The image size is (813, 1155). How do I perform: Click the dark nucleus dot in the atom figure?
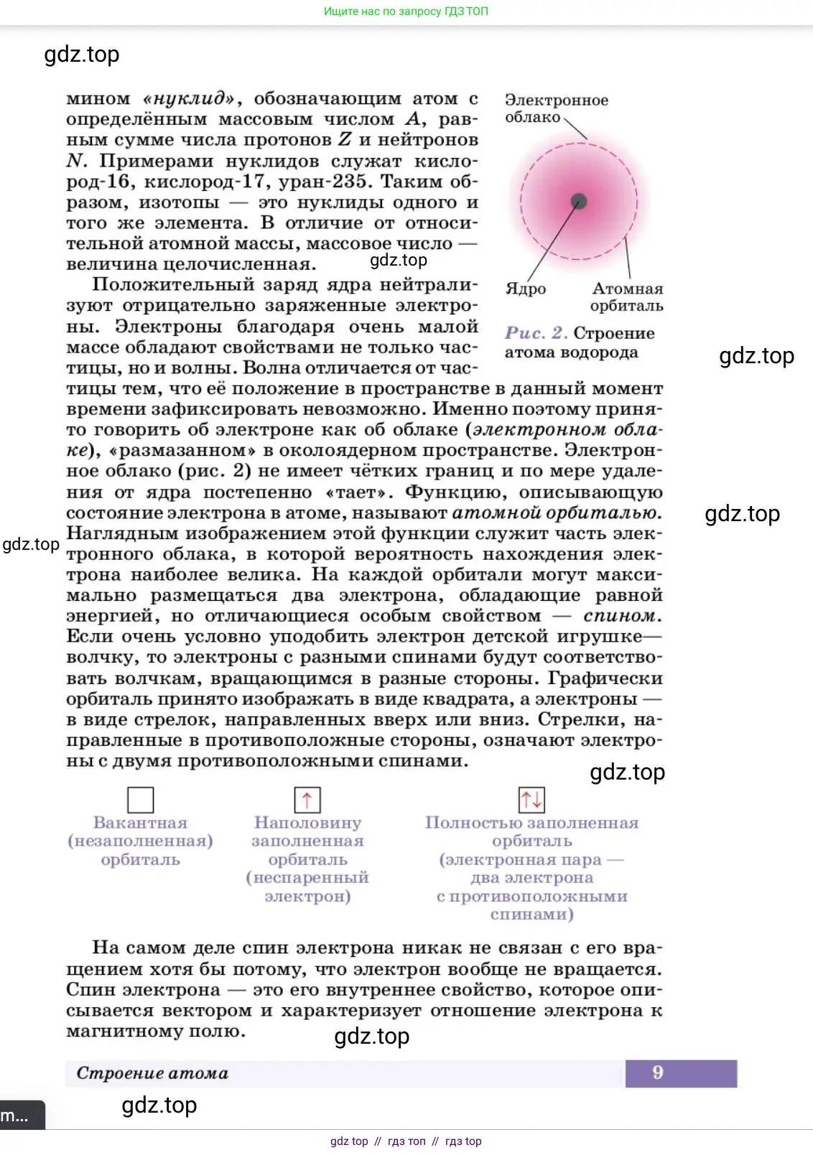point(579,202)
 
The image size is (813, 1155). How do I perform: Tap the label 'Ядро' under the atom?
point(526,289)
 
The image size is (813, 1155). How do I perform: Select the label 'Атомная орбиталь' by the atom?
point(627,297)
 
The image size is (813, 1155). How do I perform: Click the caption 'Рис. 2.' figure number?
point(536,333)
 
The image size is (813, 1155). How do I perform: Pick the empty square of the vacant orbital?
point(140,800)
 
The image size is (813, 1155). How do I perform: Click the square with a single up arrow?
point(307,800)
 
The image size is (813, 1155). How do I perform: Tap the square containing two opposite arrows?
point(531,799)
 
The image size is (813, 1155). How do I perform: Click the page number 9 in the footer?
point(658,1072)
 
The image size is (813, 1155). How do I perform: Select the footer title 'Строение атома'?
point(152,1073)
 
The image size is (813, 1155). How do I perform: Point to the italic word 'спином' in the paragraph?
point(620,616)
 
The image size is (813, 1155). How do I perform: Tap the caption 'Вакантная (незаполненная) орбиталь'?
point(141,841)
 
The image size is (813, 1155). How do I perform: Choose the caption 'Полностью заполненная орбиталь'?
point(531,832)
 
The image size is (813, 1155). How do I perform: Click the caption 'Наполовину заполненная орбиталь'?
point(307,841)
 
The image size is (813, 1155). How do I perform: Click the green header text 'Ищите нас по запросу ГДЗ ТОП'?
point(406,11)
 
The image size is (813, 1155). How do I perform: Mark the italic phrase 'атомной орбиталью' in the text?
point(554,513)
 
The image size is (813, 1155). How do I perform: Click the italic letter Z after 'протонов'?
point(345,140)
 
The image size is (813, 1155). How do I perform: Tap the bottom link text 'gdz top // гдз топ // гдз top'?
point(406,1141)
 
